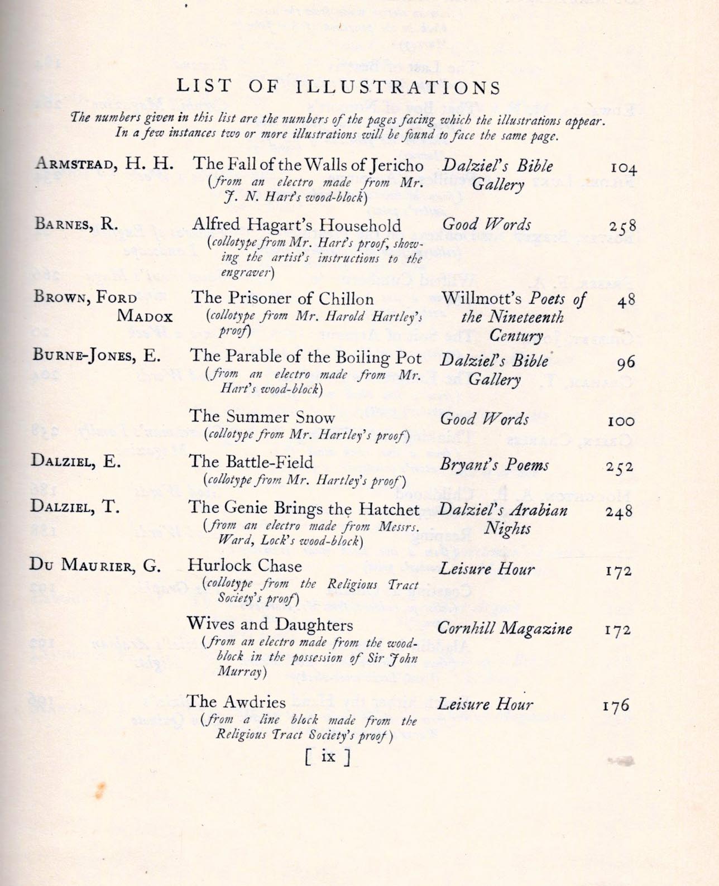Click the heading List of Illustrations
tap(338, 87)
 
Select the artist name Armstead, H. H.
tap(104, 164)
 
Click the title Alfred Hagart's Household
tap(296, 225)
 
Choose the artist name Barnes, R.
tap(76, 224)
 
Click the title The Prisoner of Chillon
tap(282, 298)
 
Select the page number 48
tap(626, 300)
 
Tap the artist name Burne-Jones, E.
tap(97, 356)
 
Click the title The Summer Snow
tap(262, 417)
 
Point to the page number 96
tap(626, 363)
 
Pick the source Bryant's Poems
tap(494, 465)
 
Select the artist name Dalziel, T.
tap(75, 507)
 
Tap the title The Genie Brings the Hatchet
tap(304, 509)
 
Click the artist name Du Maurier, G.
tap(95, 566)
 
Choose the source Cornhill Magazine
tap(505, 629)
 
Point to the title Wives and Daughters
tap(270, 624)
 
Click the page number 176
tap(616, 706)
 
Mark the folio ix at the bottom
tap(328, 756)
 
